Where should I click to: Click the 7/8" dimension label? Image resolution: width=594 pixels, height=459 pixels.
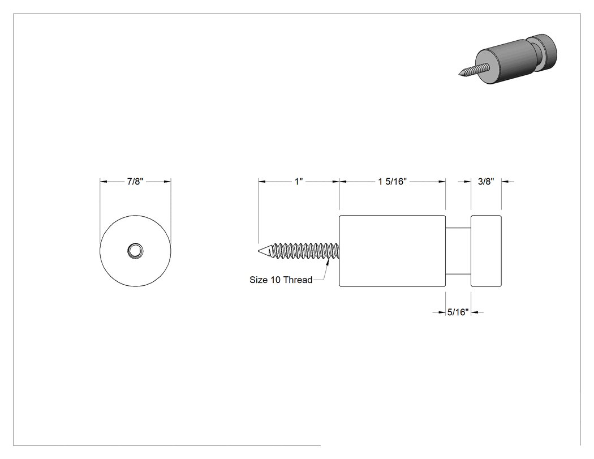click(x=135, y=182)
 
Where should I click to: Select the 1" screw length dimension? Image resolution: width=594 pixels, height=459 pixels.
click(x=299, y=182)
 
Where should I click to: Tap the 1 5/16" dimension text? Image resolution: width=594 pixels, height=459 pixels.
click(x=392, y=182)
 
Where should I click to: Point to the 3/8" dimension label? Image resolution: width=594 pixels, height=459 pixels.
click(x=486, y=182)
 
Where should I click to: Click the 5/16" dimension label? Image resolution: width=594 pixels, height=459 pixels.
click(x=458, y=312)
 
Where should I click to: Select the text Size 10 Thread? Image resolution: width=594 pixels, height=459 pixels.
click(x=281, y=280)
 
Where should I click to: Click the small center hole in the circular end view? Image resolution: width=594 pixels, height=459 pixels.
click(x=135, y=251)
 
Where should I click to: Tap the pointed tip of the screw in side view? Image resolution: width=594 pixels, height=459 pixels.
click(x=259, y=251)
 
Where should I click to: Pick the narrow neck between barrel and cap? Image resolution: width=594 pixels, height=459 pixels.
click(x=458, y=251)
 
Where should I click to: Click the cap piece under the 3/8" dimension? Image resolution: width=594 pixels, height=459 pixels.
click(x=486, y=251)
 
